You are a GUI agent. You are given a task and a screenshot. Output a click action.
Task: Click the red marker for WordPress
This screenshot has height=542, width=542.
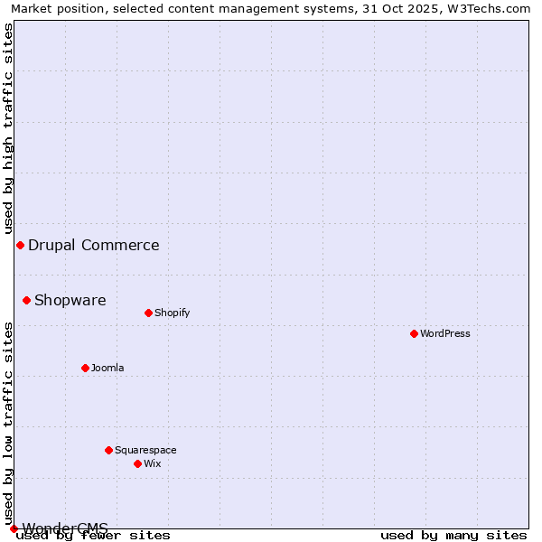[414, 333]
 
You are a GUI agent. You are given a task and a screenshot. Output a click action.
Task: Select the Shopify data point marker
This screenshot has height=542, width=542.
[148, 313]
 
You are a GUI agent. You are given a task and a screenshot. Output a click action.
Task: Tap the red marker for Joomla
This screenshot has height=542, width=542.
[85, 368]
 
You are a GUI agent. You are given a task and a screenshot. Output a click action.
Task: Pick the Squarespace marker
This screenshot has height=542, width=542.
[108, 450]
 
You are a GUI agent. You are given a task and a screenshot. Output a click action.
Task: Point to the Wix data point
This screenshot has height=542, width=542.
[137, 463]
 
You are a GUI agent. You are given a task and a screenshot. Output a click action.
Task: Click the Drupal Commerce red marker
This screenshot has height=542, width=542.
[20, 245]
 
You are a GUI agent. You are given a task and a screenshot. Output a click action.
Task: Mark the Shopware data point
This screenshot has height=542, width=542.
[26, 300]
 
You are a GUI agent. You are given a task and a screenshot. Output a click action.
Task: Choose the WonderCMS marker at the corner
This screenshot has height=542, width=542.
[14, 528]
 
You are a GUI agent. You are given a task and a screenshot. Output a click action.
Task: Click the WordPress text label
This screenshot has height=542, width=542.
[445, 333]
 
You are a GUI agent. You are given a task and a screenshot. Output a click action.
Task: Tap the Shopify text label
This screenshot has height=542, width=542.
[173, 313]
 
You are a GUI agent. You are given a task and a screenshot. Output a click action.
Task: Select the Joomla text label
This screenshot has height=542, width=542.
[107, 368]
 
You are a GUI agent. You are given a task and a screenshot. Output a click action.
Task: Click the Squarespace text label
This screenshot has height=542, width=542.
[145, 450]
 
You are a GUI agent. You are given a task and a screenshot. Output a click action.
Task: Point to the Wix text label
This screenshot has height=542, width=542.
[153, 463]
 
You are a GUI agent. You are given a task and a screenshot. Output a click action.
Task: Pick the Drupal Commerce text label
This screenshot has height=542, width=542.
[94, 245]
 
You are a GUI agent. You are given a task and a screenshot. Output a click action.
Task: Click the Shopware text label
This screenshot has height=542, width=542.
[70, 300]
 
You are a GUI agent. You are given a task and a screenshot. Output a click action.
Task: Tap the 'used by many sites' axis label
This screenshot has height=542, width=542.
[453, 535]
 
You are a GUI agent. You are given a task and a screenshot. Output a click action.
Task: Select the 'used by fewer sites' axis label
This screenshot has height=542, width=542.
[94, 535]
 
